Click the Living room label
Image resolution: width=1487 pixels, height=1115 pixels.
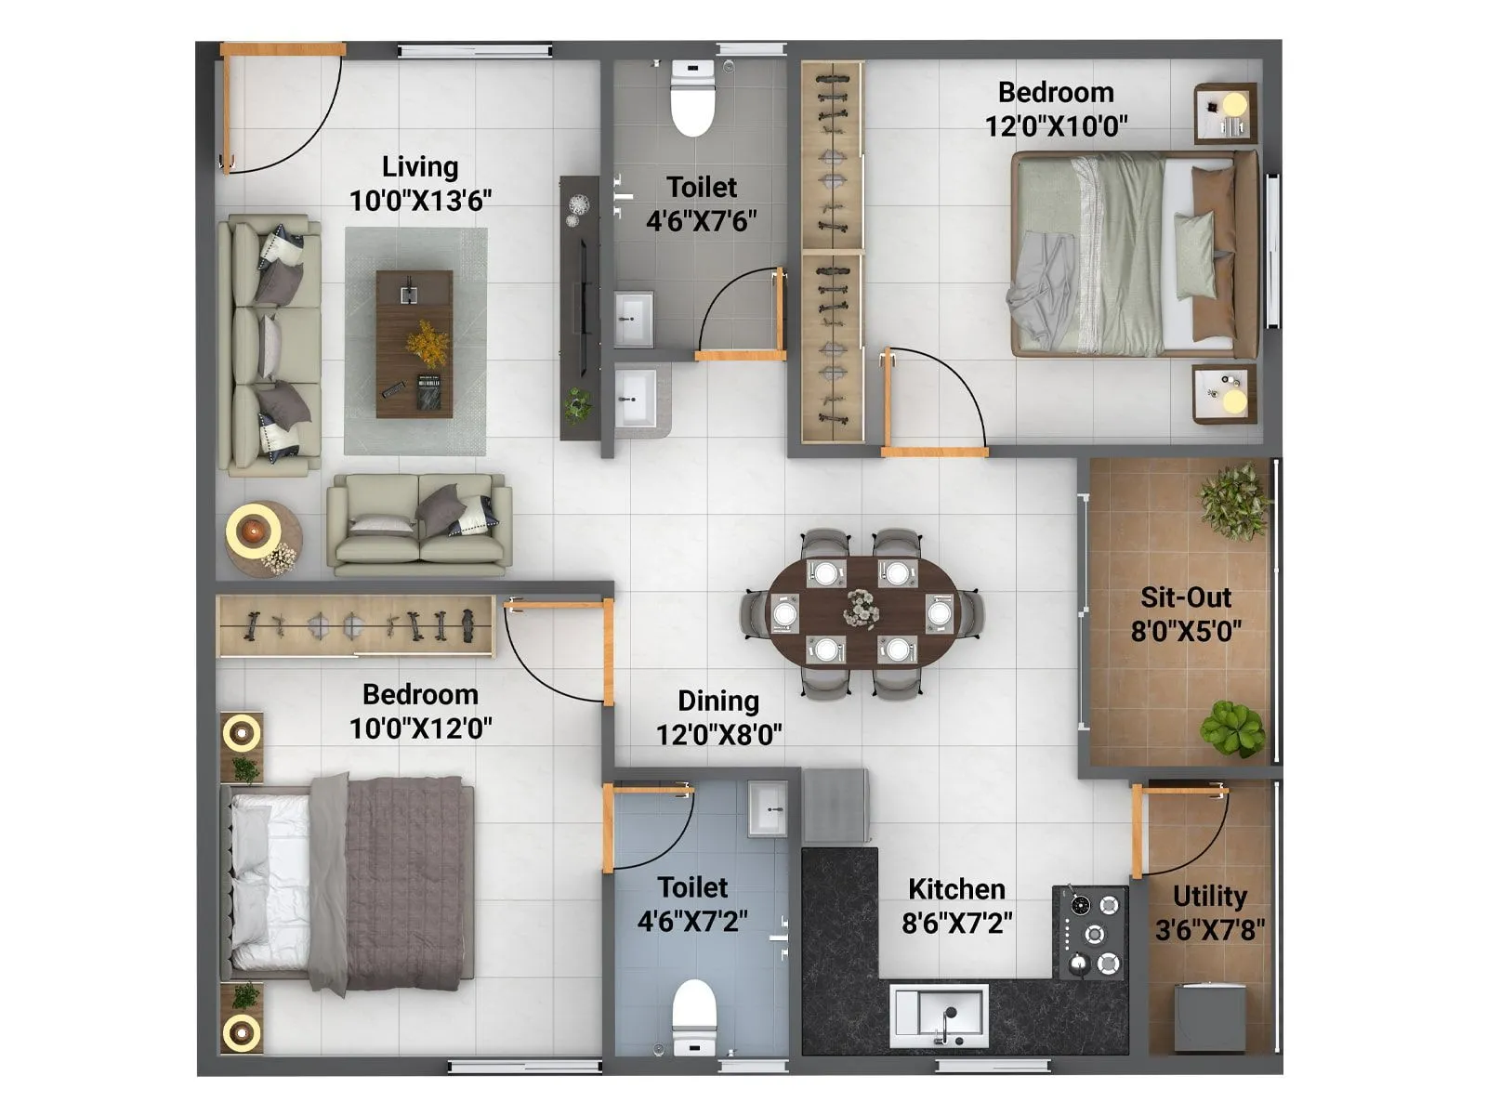tap(420, 167)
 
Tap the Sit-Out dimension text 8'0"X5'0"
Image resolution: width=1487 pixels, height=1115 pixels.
tap(1186, 632)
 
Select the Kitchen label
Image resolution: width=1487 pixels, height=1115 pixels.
tap(956, 889)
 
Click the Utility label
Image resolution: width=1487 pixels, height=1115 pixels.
tap(1209, 897)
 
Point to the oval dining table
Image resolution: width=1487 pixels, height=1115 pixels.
tap(862, 611)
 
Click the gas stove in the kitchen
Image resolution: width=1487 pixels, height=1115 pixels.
tap(1091, 932)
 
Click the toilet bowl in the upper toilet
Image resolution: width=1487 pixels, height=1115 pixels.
tap(693, 100)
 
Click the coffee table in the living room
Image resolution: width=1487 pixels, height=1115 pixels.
tap(415, 344)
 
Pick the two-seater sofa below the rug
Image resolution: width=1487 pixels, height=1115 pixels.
tap(420, 522)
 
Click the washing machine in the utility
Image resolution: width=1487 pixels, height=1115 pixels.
tap(1209, 1017)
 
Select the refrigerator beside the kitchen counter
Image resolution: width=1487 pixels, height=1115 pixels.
tap(836, 806)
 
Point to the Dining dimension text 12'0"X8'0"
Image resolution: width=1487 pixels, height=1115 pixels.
tap(718, 735)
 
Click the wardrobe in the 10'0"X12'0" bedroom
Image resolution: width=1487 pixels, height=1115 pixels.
tap(355, 626)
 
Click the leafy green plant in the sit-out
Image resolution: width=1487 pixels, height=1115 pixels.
tap(1232, 728)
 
